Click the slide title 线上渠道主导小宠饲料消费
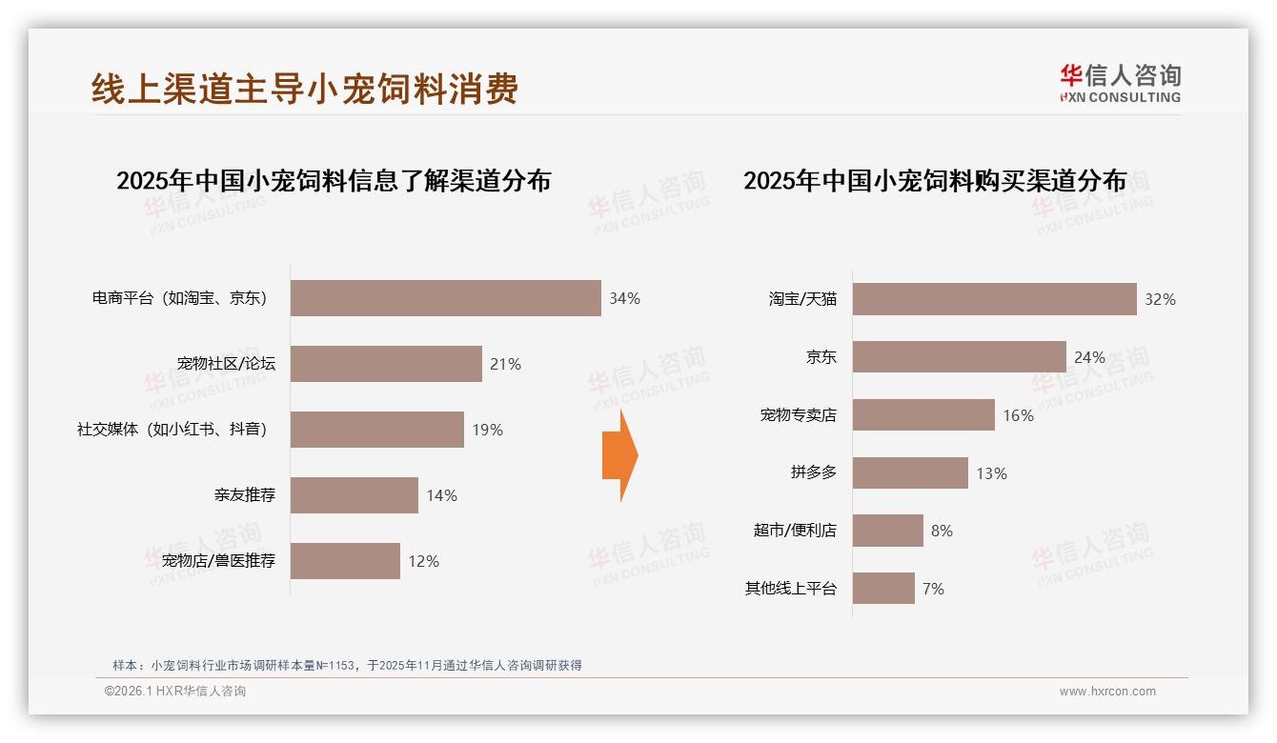(305, 89)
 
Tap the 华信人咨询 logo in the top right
(1120, 83)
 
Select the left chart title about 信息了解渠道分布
(334, 181)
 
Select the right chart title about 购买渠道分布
(935, 181)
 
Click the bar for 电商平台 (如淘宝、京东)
(445, 298)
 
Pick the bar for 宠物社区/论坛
(386, 364)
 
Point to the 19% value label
(487, 430)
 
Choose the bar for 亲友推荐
(355, 495)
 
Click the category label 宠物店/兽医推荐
(218, 561)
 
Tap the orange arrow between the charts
(619, 455)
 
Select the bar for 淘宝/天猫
(994, 299)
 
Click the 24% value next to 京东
(1089, 357)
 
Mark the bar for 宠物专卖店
(923, 415)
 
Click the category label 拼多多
(813, 472)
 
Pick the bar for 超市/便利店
(887, 531)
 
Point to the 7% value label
(933, 589)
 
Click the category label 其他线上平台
(790, 589)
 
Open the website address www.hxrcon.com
(1107, 692)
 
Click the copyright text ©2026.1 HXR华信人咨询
(175, 692)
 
